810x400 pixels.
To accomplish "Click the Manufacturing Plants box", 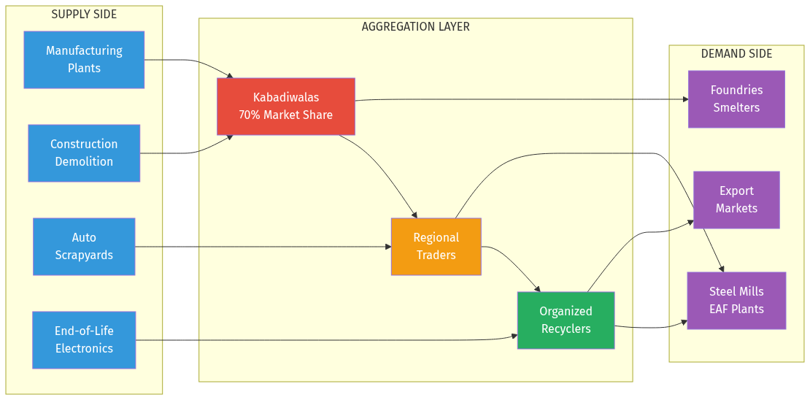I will click(84, 60).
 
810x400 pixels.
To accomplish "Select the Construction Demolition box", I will click(84, 153).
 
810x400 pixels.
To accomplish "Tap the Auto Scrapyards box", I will click(84, 247).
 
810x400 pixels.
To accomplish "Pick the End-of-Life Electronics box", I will click(84, 340).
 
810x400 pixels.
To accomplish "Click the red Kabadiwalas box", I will click(285, 107).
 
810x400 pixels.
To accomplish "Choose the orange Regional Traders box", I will click(436, 247).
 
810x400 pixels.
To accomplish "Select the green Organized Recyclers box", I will click(566, 320).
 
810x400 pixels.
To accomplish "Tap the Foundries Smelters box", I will click(736, 99).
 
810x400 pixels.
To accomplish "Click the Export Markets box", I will click(736, 200).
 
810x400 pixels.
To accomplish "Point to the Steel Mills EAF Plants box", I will click(736, 301).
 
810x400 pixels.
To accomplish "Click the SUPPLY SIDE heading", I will click(84, 15).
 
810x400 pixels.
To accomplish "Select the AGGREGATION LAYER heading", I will click(415, 27).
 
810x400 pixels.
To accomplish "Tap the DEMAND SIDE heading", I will click(736, 54).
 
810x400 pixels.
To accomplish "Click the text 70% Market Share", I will click(285, 115).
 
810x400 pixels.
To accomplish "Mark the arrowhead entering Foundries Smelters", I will click(685, 99).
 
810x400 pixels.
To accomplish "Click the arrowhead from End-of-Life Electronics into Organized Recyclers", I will click(514, 336).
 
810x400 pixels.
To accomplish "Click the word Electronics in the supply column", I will click(84, 349).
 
